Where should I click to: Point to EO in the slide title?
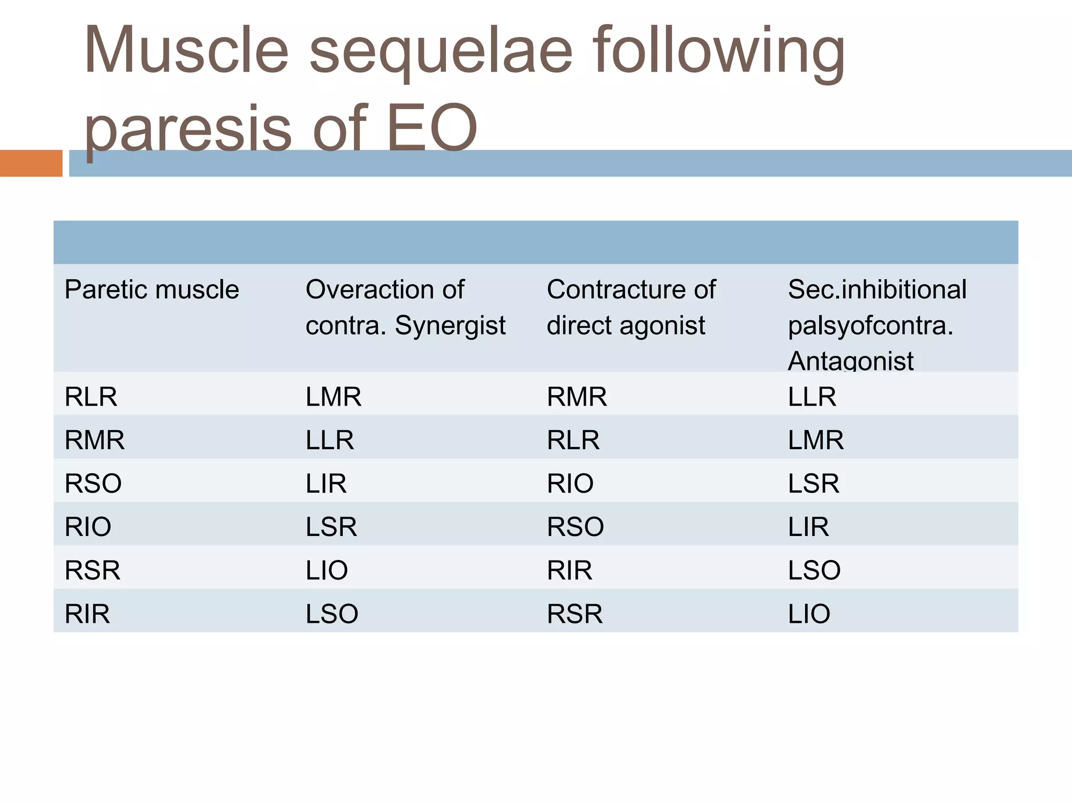point(432,129)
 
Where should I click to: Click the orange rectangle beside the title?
point(31,163)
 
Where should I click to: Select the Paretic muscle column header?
point(152,289)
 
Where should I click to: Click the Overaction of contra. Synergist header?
point(405,307)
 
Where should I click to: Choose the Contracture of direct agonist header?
point(631,307)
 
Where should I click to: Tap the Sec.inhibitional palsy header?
point(877,325)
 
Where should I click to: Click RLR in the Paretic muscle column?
point(91,396)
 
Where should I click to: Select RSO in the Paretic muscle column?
point(93,483)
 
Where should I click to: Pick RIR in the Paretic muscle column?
point(87,613)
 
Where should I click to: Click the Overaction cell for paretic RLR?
point(333,396)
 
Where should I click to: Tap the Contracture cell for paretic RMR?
point(573,440)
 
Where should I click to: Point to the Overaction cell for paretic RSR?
point(327,570)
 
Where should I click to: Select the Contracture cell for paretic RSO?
point(570,483)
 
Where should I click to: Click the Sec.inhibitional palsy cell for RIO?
point(808,527)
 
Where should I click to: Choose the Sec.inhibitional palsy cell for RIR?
point(809,613)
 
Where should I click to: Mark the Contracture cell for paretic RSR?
point(569,570)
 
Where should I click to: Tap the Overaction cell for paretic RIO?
point(331,527)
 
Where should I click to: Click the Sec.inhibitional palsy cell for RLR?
point(812,396)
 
